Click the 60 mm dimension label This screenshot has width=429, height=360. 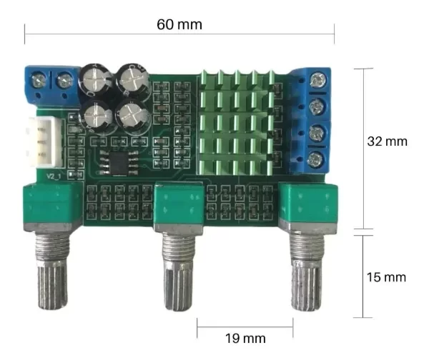(x=179, y=24)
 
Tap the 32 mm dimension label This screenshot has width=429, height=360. (x=387, y=141)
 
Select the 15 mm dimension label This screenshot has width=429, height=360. (x=386, y=277)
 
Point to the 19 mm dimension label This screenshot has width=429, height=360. (x=245, y=339)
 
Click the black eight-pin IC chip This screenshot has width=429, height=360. (x=119, y=164)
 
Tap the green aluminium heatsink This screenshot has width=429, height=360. (x=235, y=122)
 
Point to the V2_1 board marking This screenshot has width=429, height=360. (x=54, y=176)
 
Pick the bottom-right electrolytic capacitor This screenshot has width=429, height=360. (x=133, y=116)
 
